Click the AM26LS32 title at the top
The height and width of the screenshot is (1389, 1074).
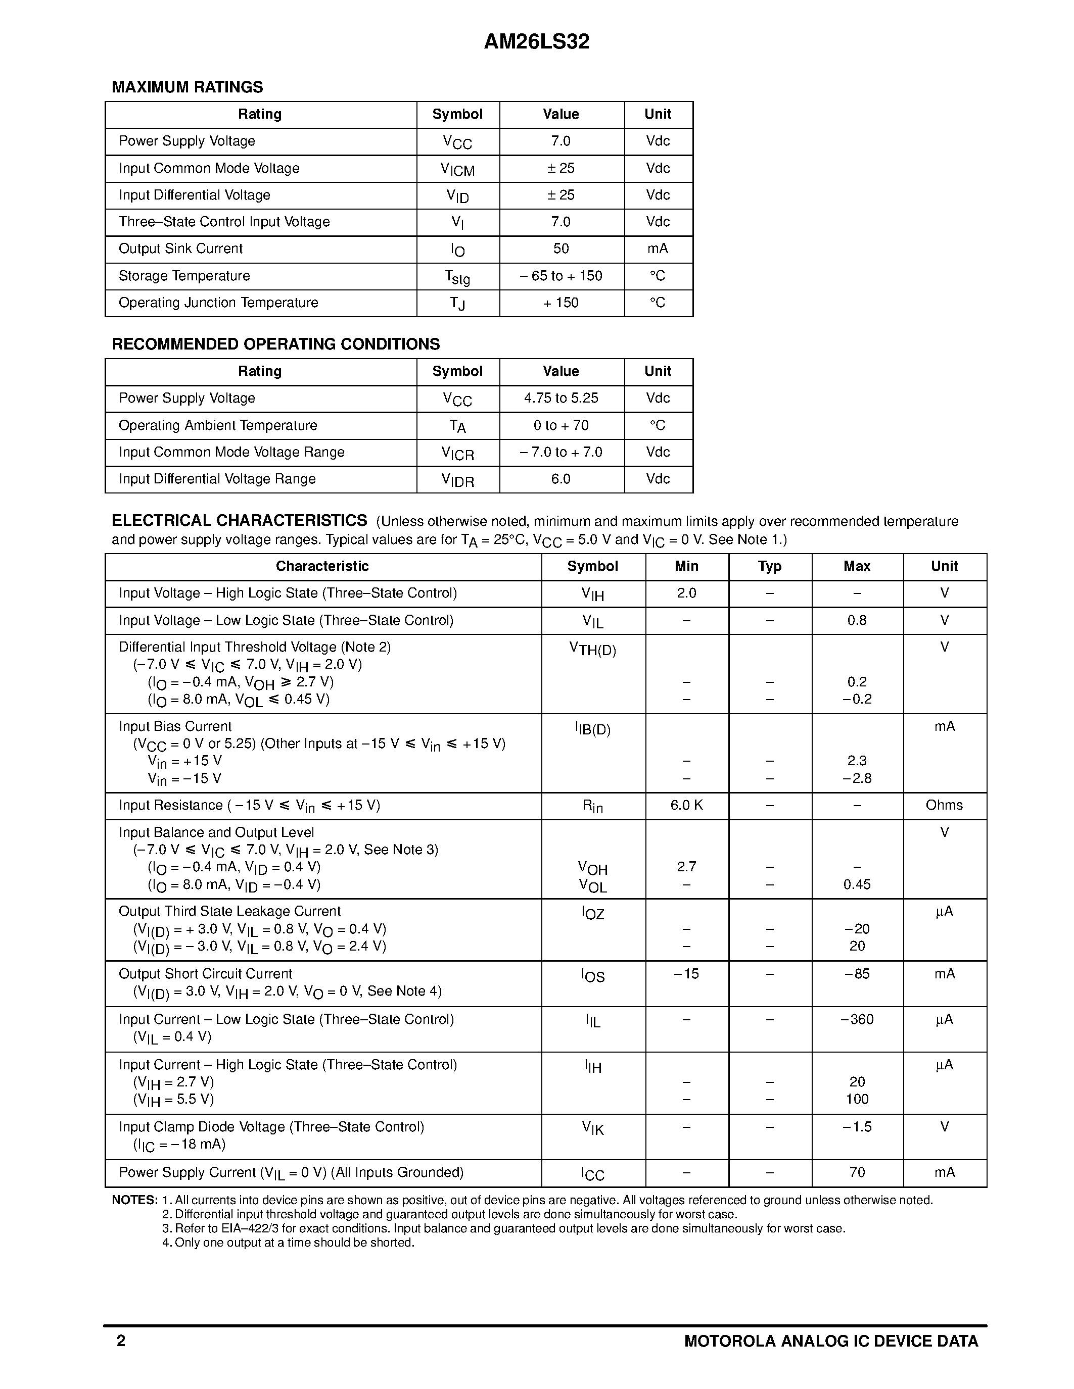(536, 42)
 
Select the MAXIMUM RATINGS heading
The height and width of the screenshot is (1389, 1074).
(187, 87)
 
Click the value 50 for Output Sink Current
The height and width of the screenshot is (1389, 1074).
(561, 249)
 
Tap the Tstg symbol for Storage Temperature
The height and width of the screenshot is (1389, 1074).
(457, 277)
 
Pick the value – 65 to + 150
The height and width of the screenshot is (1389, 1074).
(561, 276)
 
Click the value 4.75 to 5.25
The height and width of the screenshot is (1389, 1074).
(561, 398)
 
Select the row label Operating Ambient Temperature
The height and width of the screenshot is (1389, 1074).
(218, 425)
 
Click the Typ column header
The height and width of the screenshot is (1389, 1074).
(769, 566)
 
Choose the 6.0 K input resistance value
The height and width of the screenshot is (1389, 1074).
(686, 805)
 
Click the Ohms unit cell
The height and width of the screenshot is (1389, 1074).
(944, 805)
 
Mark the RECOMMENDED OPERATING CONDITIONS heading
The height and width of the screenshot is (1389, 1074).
(275, 344)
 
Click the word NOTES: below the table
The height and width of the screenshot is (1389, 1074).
(134, 1200)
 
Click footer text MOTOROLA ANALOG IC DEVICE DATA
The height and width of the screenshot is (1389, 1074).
(830, 1342)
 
